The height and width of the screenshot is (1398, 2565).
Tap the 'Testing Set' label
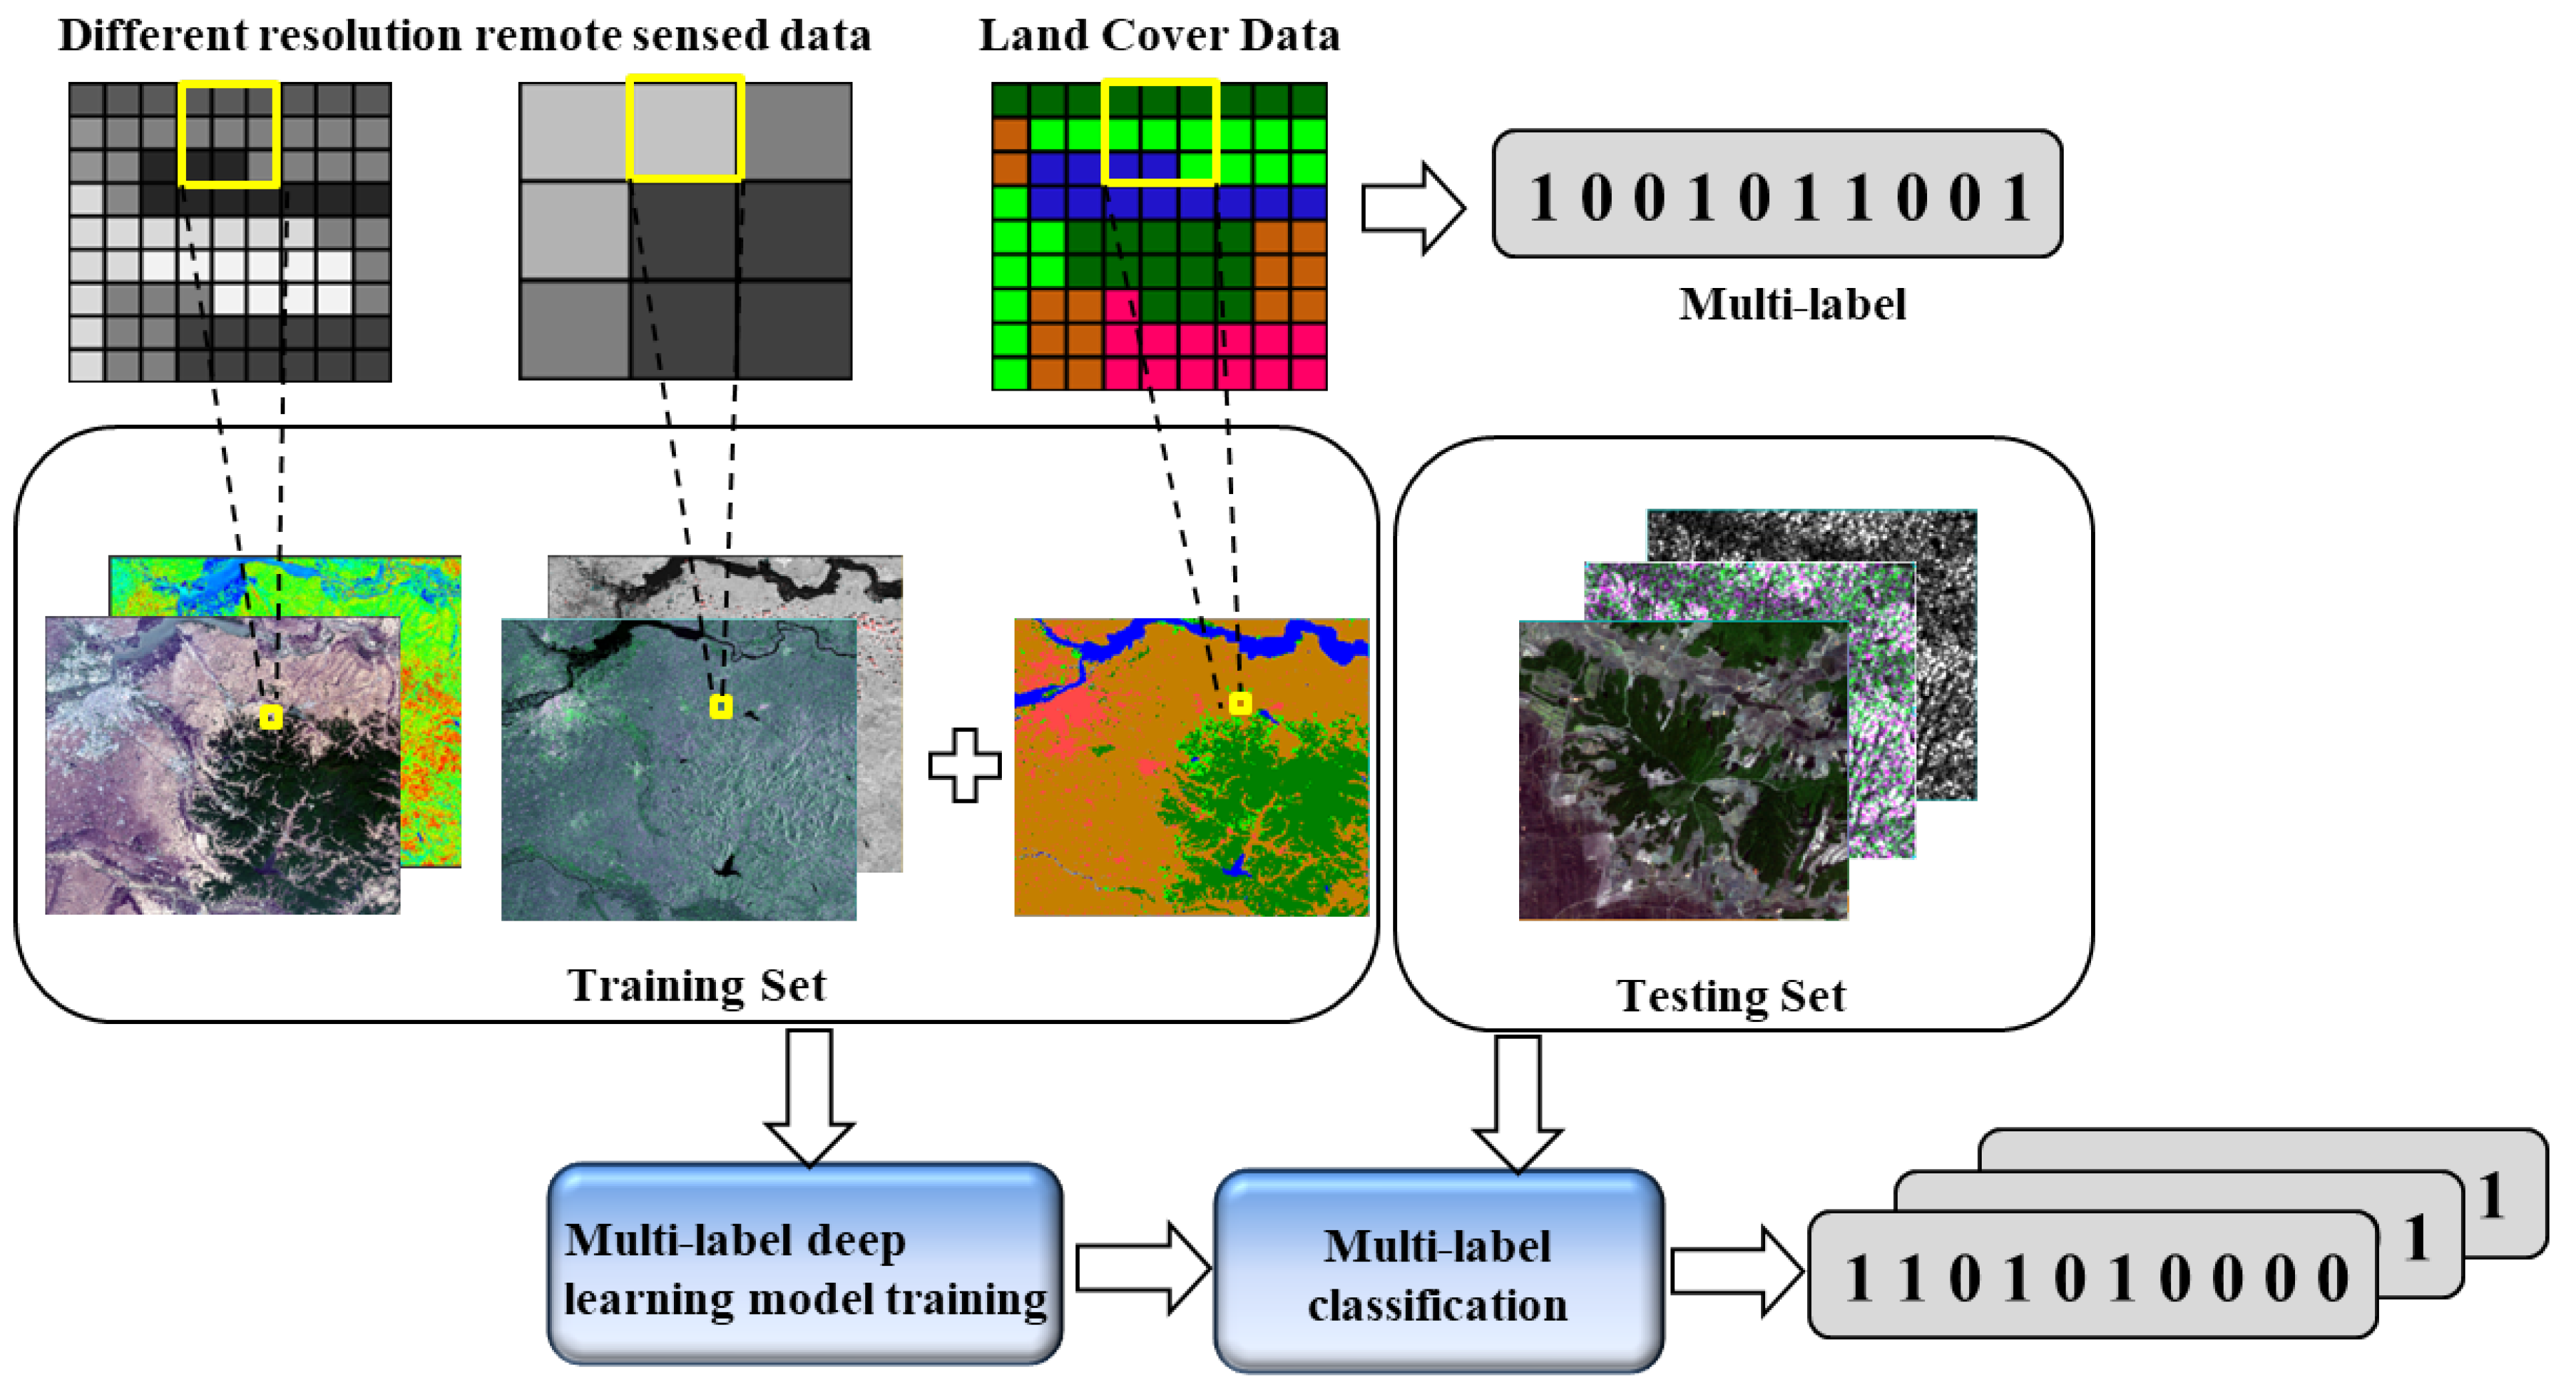tap(1730, 996)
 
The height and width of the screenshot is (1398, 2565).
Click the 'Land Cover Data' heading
tap(1159, 36)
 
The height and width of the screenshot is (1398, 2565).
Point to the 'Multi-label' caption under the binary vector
tap(1792, 305)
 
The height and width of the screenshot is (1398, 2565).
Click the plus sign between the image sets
tap(964, 765)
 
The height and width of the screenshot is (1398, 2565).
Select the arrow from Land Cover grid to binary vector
tap(1412, 208)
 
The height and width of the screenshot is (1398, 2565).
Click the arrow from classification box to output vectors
tap(1736, 1271)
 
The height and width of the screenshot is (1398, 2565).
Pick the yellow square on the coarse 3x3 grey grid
tap(685, 129)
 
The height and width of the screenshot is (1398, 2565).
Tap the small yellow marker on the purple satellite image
tap(271, 717)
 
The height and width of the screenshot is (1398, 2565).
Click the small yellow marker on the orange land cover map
tap(1240, 704)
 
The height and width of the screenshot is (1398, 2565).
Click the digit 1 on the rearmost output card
tap(2491, 1195)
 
